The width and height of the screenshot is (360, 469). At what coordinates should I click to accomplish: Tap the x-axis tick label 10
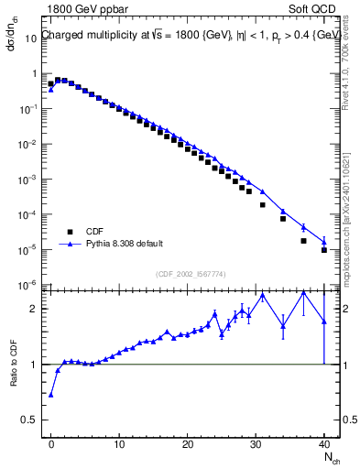(118, 444)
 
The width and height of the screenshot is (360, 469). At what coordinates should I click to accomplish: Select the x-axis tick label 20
(187, 444)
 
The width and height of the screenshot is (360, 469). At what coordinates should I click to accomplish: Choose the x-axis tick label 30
(256, 444)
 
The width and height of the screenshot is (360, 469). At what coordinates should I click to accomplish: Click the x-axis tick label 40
(324, 444)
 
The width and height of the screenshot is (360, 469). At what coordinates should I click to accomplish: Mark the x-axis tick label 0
(50, 444)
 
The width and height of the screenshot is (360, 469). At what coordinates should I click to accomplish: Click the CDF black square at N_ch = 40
(324, 249)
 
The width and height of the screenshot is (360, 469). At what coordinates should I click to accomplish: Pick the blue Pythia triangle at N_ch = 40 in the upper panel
(324, 241)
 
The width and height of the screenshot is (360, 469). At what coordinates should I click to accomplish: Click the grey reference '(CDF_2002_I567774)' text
(188, 274)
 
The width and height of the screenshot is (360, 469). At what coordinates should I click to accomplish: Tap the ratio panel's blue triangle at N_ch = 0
(50, 394)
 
